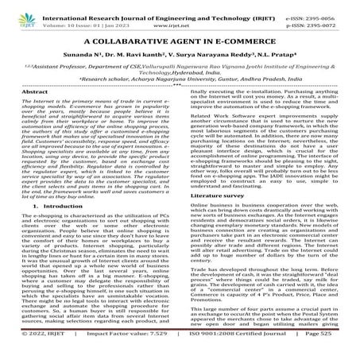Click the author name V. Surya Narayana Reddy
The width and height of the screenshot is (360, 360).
pos(214,58)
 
